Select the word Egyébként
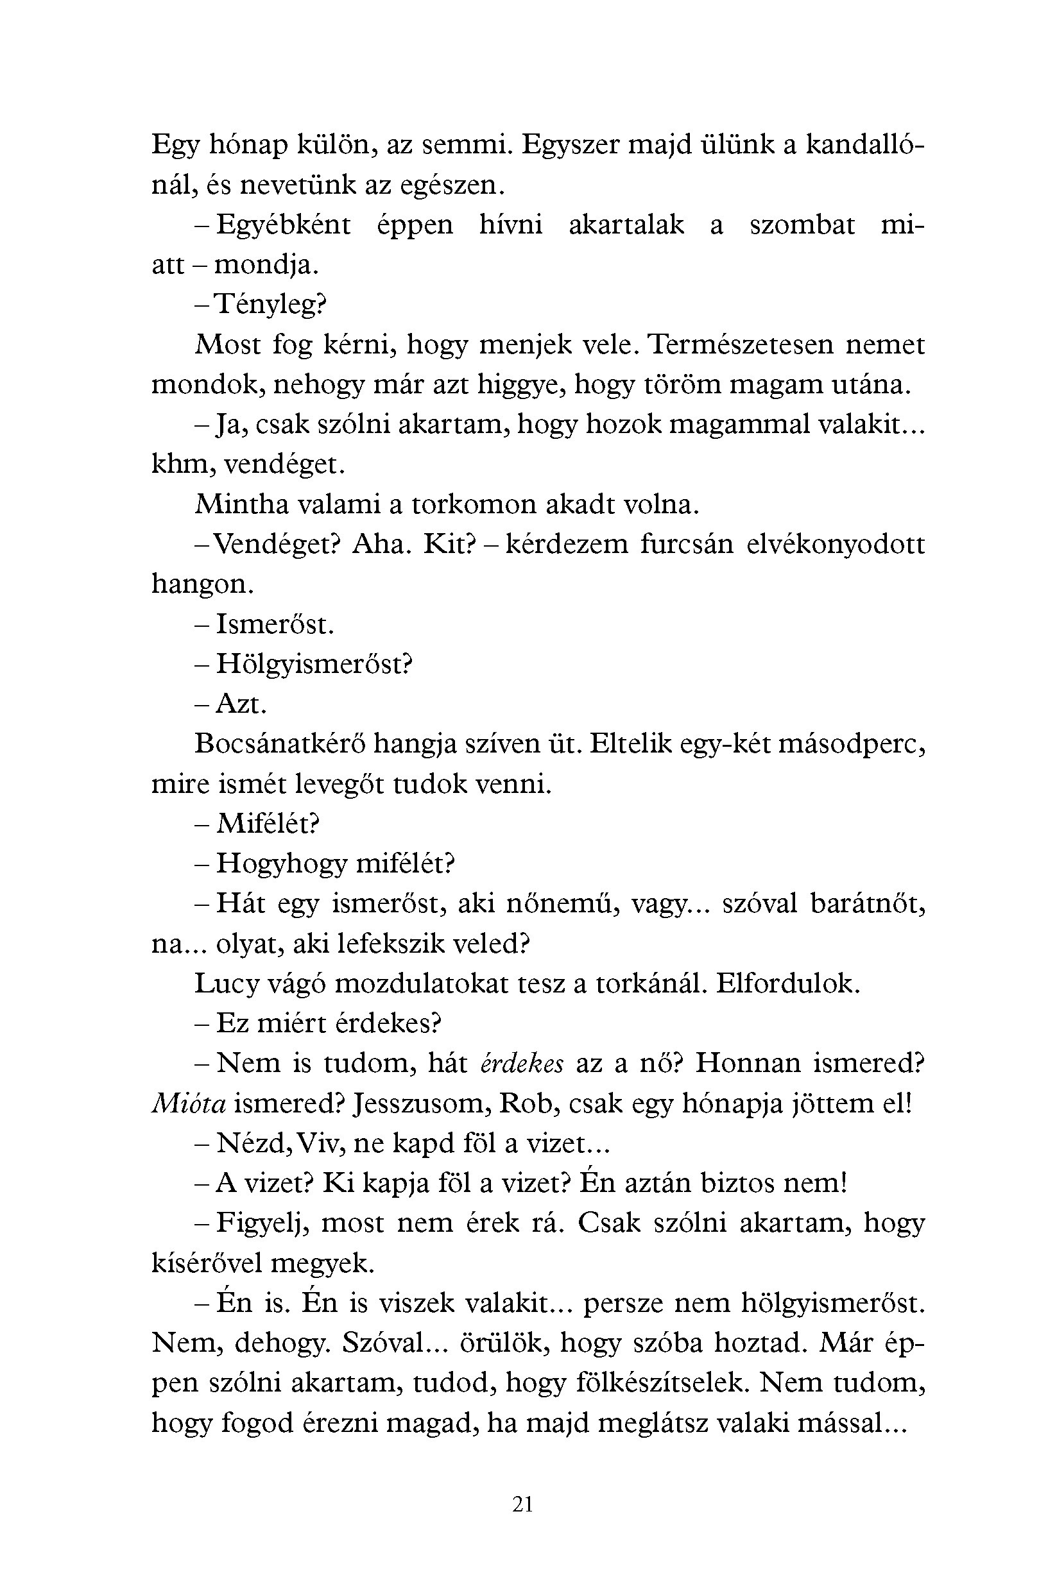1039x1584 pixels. [283, 225]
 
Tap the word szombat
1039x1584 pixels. [802, 225]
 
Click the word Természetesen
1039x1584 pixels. [740, 345]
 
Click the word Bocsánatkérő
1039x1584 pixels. [280, 744]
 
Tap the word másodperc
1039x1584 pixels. [852, 744]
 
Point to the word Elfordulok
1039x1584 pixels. [788, 984]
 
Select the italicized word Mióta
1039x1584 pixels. [189, 1103]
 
